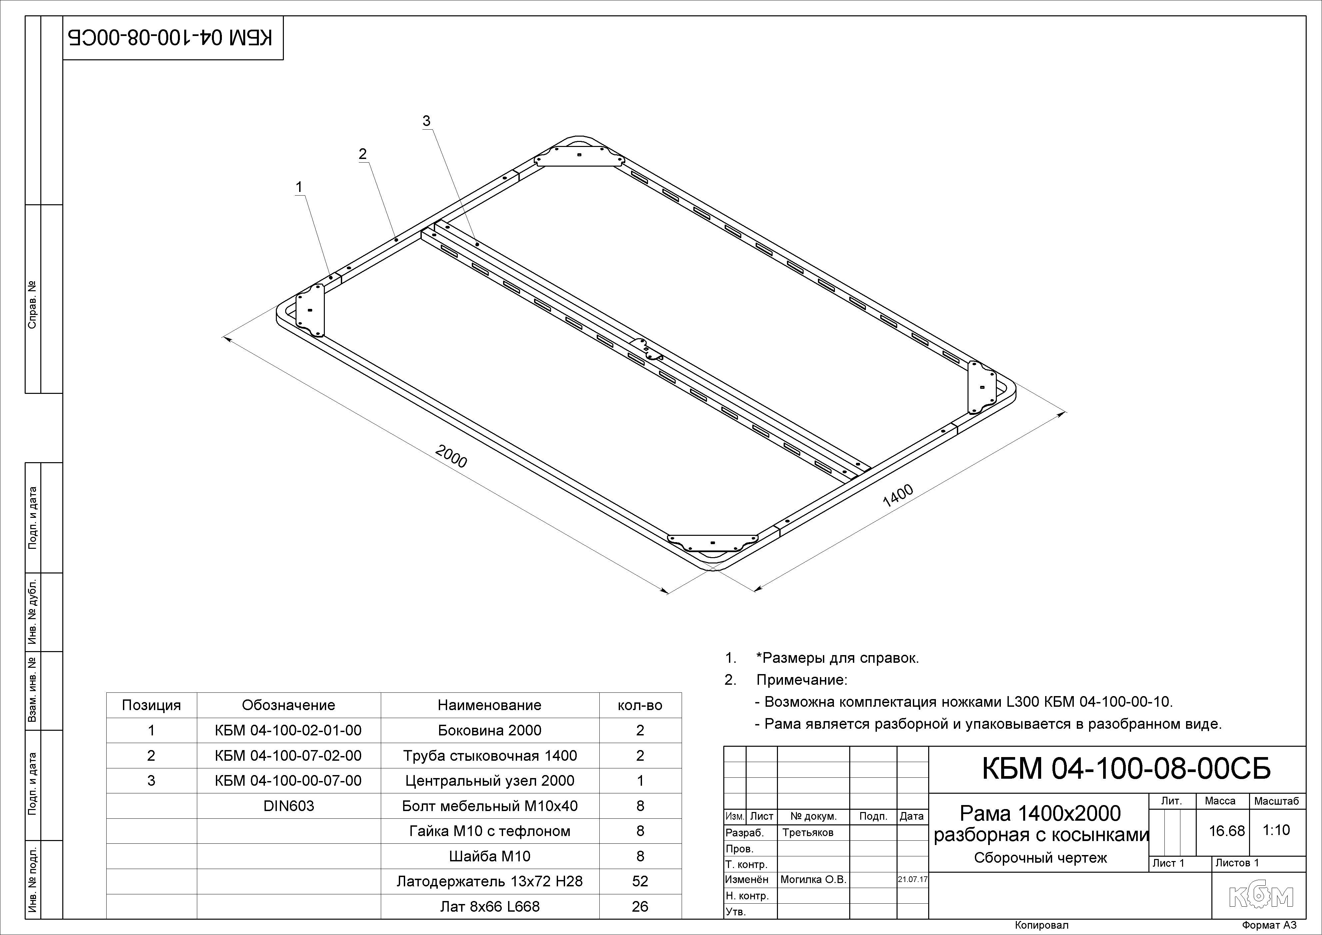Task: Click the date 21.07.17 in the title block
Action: [913, 880]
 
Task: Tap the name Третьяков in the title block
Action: [808, 832]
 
